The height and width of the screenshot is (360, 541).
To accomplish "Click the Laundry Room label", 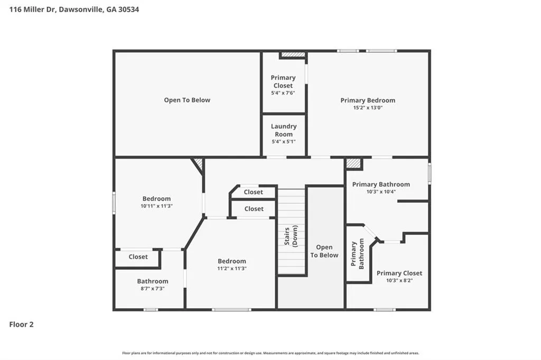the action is [284, 130].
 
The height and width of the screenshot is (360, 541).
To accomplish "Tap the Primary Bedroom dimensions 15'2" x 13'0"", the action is [368, 108].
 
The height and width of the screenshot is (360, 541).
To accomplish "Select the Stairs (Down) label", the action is [291, 236].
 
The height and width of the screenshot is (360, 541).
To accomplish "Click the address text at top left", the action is [74, 10].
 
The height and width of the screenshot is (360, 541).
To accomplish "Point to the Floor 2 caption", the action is [21, 325].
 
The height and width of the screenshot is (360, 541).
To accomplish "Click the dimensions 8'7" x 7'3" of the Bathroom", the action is [153, 289].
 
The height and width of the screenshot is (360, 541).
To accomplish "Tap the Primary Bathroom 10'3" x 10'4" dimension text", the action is [381, 192].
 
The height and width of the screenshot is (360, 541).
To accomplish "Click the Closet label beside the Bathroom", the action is [138, 257].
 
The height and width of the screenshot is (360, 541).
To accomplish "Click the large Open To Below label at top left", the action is [187, 100].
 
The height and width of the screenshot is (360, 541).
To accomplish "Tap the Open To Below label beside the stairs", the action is [324, 251].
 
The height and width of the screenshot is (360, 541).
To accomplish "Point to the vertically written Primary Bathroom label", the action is [357, 254].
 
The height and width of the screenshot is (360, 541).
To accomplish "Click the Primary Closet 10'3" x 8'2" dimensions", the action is [399, 280].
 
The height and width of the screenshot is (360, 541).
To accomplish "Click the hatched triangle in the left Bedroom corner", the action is [199, 163].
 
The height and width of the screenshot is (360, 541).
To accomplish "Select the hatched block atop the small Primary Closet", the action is [293, 54].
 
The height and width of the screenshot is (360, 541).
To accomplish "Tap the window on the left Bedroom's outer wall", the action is [114, 203].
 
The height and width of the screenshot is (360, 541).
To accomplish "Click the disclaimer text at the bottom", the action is [270, 353].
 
